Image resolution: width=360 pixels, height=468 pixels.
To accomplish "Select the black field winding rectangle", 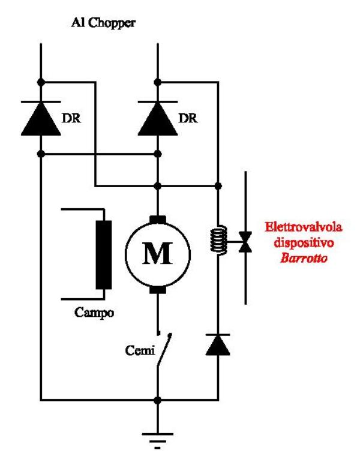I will coord(105,254).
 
